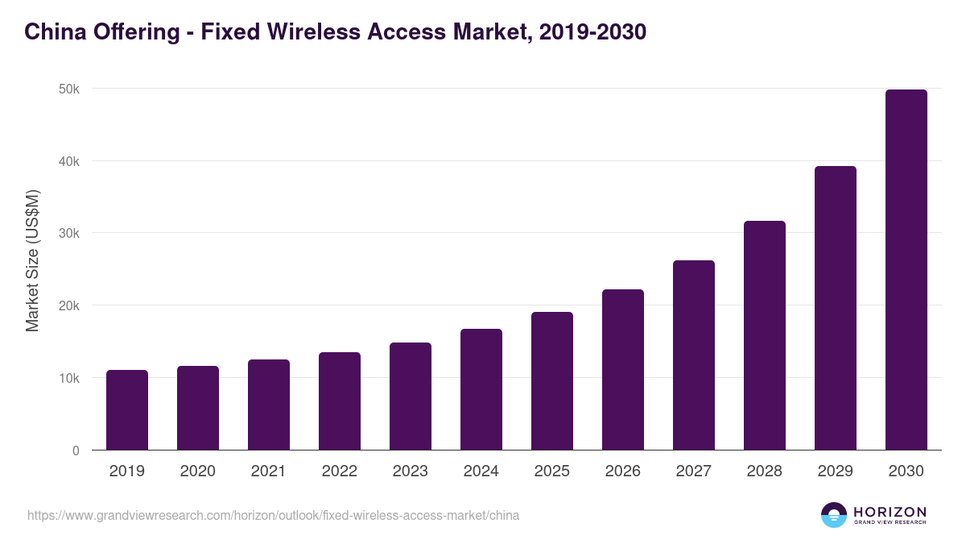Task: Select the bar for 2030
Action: pyautogui.click(x=906, y=270)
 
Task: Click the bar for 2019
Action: pyautogui.click(x=127, y=410)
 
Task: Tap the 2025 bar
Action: pyautogui.click(x=552, y=381)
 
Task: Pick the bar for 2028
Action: pyautogui.click(x=765, y=335)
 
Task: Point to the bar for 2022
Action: pyautogui.click(x=340, y=401)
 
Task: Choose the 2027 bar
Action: pyautogui.click(x=694, y=355)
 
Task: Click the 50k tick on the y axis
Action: pyautogui.click(x=69, y=89)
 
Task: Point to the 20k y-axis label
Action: pyautogui.click(x=69, y=305)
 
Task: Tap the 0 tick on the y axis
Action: pyautogui.click(x=76, y=451)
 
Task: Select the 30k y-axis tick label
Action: pyautogui.click(x=69, y=233)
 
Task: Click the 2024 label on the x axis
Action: pyautogui.click(x=481, y=471)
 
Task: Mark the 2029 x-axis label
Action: pyautogui.click(x=835, y=471)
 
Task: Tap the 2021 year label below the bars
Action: pyautogui.click(x=269, y=471)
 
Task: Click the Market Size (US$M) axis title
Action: pyautogui.click(x=32, y=260)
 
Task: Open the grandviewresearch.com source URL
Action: pyautogui.click(x=273, y=515)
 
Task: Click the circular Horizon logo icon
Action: pyautogui.click(x=834, y=515)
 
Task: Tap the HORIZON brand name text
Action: pyautogui.click(x=890, y=512)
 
